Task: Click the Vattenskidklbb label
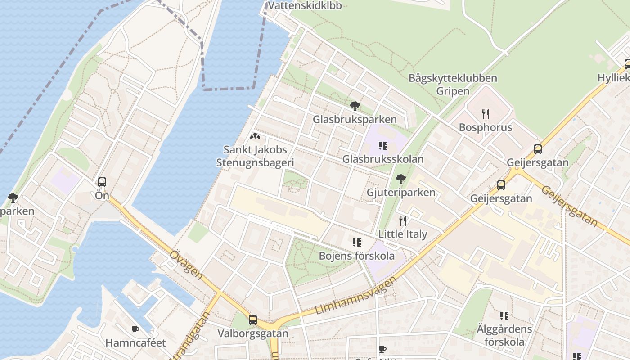(x=305, y=5)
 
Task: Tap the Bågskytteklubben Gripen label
(x=453, y=85)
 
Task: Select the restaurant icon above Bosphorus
(x=485, y=114)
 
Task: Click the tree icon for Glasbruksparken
(x=355, y=107)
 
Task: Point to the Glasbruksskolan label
(x=383, y=159)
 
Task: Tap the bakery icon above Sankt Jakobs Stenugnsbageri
(x=255, y=136)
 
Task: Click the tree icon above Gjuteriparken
(x=401, y=180)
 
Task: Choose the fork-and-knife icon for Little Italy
(x=403, y=220)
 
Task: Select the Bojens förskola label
(x=356, y=256)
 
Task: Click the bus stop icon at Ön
(x=102, y=182)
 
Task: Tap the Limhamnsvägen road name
(x=356, y=296)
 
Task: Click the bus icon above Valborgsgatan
(x=253, y=320)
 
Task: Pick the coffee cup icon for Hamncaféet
(x=135, y=330)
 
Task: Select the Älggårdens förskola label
(x=504, y=335)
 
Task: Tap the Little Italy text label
(x=403, y=234)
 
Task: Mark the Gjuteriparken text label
(x=401, y=193)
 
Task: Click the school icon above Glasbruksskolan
(x=383, y=146)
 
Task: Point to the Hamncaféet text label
(x=135, y=343)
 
